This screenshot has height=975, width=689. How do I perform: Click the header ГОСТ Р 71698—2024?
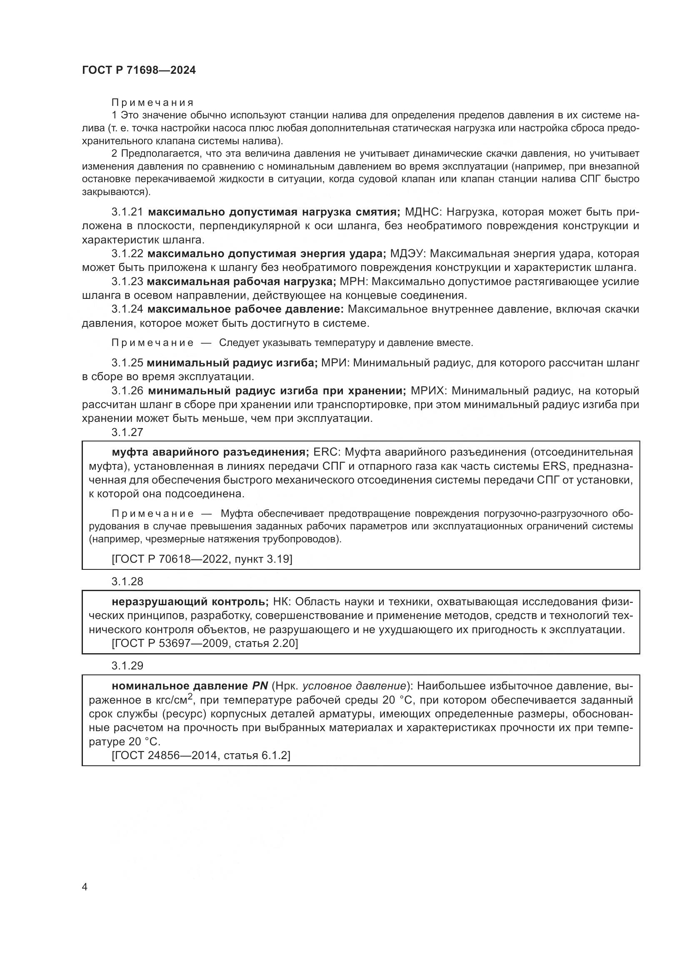[139, 70]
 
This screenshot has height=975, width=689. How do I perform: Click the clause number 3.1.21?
[127, 212]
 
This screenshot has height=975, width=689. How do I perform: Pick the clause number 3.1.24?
[127, 309]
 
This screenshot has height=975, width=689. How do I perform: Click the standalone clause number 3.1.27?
[127, 432]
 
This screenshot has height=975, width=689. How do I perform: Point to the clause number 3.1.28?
[127, 581]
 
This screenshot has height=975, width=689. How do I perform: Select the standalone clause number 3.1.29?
[127, 665]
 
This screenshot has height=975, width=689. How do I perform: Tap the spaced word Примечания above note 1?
[152, 103]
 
